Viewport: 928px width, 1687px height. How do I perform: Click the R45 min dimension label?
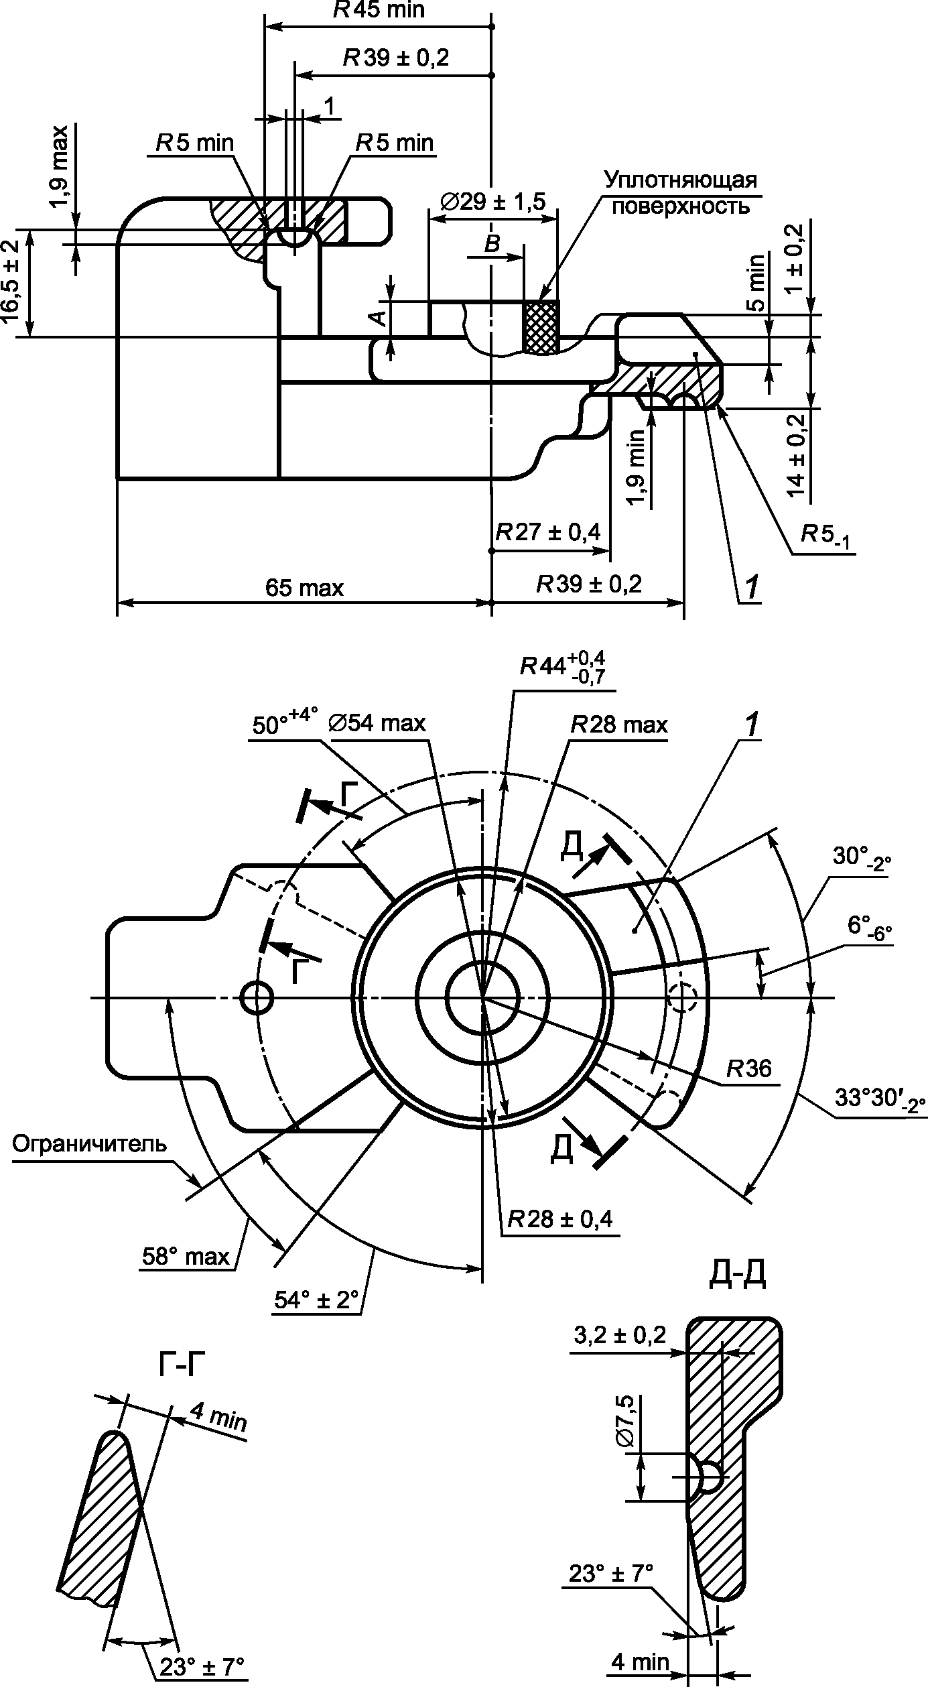379,9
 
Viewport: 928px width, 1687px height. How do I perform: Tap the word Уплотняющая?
680,180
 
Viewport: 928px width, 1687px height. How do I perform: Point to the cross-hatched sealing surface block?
540,326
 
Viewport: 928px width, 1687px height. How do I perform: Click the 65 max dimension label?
304,588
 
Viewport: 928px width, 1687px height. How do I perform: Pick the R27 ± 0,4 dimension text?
548,532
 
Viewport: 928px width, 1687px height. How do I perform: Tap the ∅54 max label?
378,724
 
